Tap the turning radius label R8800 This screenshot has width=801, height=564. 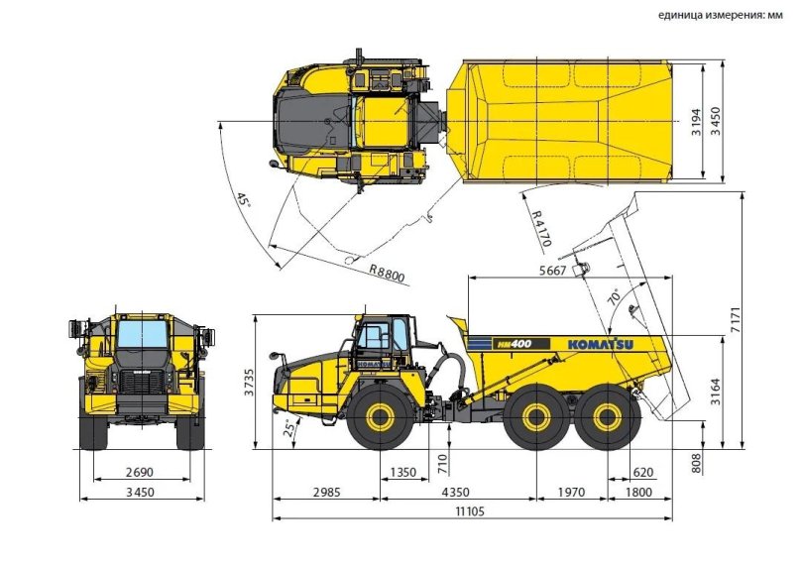pos(386,273)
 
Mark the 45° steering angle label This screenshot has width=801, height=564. pos(242,198)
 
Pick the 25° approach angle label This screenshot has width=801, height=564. pos(290,428)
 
